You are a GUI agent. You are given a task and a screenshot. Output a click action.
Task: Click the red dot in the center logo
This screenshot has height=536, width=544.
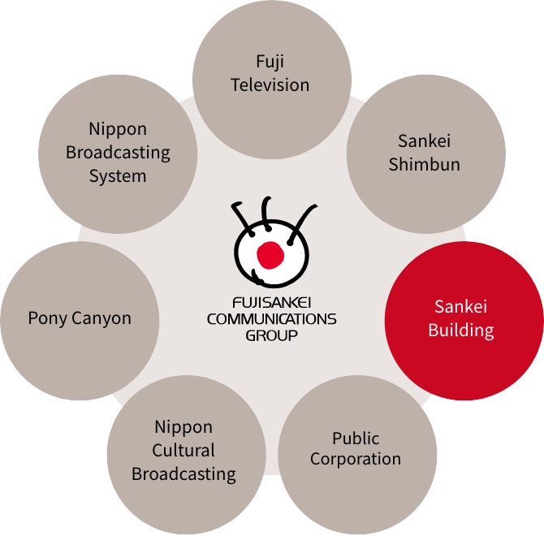(x=270, y=255)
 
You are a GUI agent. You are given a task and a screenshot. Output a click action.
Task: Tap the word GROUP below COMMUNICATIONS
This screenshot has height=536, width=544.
(x=271, y=334)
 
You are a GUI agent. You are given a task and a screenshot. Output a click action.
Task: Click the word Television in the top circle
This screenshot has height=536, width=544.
(x=270, y=84)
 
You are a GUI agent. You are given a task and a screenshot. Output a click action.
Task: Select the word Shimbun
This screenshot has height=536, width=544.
(x=424, y=164)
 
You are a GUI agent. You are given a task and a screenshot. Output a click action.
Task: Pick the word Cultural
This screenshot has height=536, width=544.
(x=184, y=451)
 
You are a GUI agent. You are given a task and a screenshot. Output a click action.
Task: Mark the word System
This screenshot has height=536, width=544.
(x=118, y=175)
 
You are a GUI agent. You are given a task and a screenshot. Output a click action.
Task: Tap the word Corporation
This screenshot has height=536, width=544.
(x=356, y=459)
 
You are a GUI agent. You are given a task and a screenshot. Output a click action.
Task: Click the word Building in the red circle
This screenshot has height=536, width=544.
(x=461, y=331)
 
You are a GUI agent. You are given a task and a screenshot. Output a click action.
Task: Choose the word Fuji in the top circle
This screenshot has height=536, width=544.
(x=270, y=62)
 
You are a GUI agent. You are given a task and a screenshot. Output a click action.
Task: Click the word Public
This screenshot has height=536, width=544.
(x=356, y=439)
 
